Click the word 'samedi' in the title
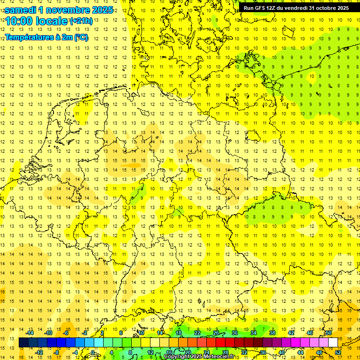[x=22, y=10]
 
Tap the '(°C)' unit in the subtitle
[x=81, y=37]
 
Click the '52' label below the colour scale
[x=338, y=352]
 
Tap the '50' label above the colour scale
[x=329, y=333]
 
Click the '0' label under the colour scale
[x=93, y=352]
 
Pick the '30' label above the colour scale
[x=235, y=333]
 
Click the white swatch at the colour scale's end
[x=333, y=343]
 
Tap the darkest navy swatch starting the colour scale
[x=23, y=343]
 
